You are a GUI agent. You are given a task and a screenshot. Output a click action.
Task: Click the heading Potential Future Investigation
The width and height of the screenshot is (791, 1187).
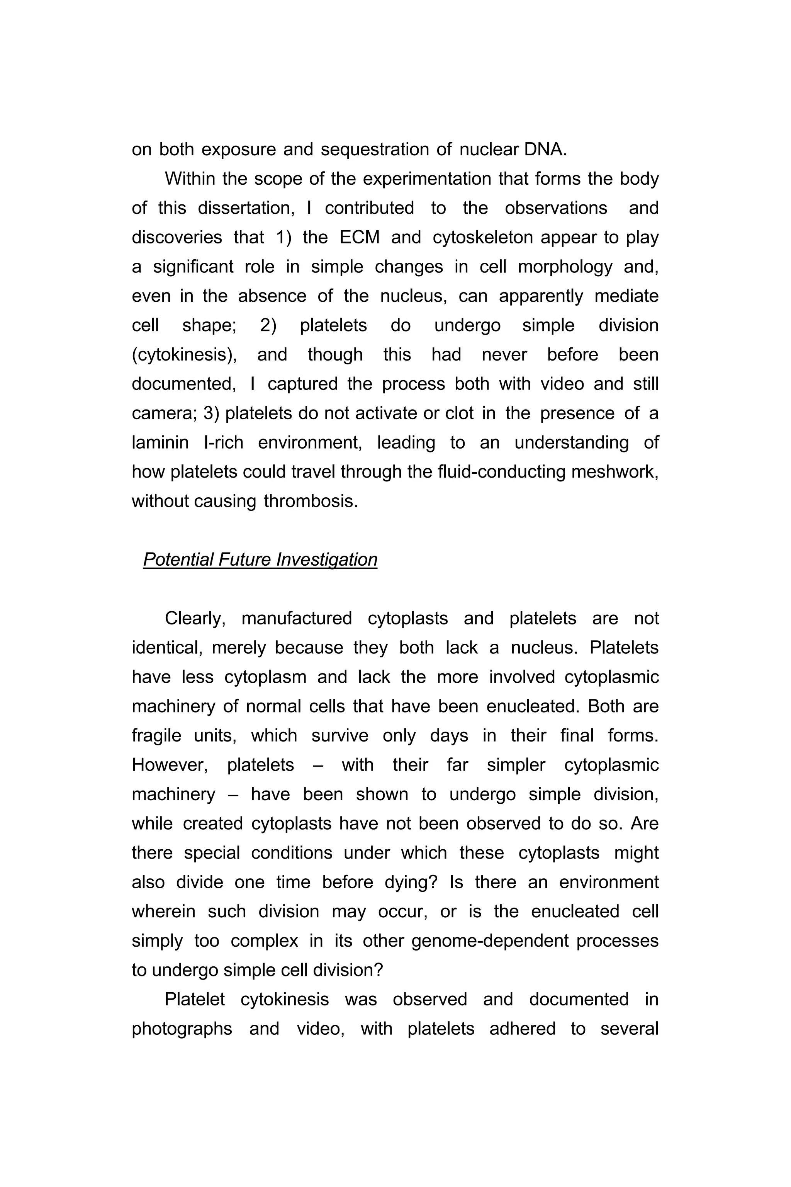(x=260, y=559)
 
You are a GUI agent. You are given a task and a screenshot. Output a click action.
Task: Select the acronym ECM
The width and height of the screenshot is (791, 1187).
(x=359, y=237)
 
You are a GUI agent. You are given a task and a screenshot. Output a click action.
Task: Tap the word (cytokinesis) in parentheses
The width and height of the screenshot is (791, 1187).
(x=184, y=355)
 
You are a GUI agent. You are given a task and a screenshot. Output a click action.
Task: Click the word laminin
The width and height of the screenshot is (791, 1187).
(x=160, y=442)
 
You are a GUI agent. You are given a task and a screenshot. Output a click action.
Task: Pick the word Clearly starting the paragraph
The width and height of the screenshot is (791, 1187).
(x=195, y=619)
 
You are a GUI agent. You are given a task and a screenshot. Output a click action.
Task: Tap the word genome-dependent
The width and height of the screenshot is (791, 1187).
(x=490, y=941)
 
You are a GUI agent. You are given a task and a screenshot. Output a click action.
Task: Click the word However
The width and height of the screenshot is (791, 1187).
(x=170, y=765)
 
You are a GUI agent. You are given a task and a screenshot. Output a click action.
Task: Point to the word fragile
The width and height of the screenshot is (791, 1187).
(x=156, y=736)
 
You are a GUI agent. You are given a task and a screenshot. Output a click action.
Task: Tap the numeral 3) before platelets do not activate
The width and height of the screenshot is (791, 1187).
(x=211, y=413)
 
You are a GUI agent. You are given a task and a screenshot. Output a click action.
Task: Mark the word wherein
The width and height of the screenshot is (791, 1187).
(x=163, y=912)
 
